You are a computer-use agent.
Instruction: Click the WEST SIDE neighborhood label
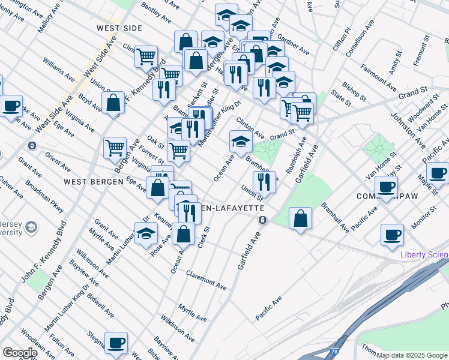[119, 28]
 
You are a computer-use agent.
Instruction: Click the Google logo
[19, 353]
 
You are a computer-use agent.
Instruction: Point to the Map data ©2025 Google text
[412, 355]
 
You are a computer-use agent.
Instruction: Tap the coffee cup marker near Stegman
[116, 343]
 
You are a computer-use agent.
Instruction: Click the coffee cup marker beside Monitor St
[392, 235]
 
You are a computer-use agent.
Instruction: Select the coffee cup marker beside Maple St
[437, 173]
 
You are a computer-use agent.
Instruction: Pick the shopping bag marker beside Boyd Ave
[113, 103]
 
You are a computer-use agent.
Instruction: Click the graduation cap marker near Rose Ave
[146, 235]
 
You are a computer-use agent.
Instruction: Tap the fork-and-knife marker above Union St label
[264, 180]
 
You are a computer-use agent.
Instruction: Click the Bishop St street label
[354, 91]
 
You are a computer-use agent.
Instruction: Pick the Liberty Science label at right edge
[424, 255]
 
